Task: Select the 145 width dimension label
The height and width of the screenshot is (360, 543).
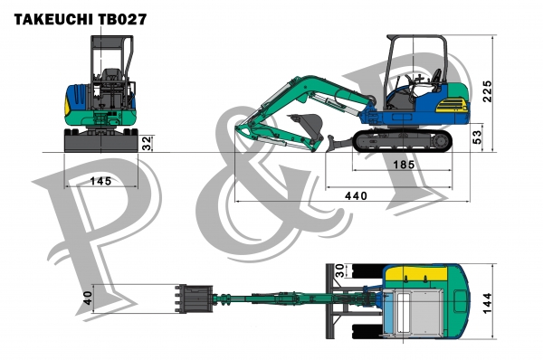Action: click(x=100, y=181)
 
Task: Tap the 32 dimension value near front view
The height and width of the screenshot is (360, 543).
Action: click(x=147, y=142)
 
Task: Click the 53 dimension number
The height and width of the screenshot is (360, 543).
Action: click(x=477, y=137)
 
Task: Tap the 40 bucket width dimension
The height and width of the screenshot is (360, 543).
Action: click(x=88, y=298)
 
